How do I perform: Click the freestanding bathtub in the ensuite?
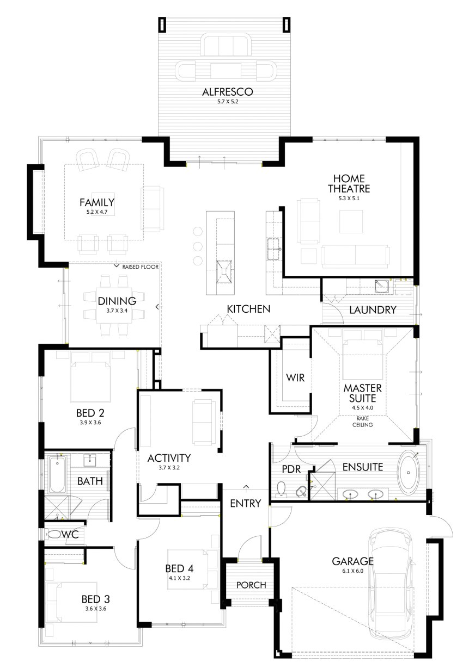(x=408, y=472)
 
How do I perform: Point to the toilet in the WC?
(x=54, y=535)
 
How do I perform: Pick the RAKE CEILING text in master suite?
(x=362, y=422)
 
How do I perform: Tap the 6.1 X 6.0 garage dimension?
(x=353, y=571)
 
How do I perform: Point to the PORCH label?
(x=251, y=585)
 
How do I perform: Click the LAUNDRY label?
(x=372, y=310)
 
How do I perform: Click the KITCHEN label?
(x=248, y=309)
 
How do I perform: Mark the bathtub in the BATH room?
(x=57, y=474)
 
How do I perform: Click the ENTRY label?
(x=246, y=503)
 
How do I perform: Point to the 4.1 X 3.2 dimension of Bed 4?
(x=179, y=579)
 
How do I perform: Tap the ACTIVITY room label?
(x=169, y=457)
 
